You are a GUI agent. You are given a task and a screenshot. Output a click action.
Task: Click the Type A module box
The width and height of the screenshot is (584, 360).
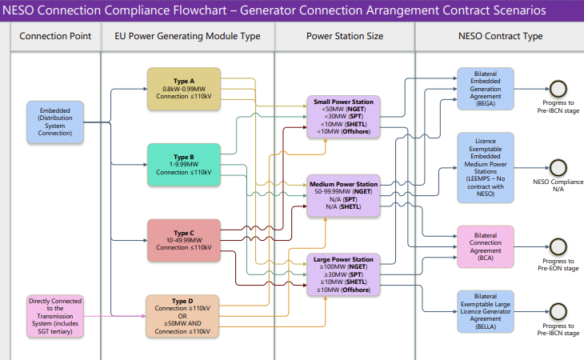tap(184, 89)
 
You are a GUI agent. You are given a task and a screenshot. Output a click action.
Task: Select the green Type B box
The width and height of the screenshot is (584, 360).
tap(184, 165)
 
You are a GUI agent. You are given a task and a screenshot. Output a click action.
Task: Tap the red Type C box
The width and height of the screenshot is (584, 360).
tap(184, 240)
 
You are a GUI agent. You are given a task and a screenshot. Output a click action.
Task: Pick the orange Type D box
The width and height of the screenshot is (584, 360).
tap(182, 316)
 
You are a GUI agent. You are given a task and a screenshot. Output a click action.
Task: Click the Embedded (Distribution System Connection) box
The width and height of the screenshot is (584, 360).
tap(55, 122)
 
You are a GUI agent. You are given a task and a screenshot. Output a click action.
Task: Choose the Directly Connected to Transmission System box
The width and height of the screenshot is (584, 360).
tap(55, 316)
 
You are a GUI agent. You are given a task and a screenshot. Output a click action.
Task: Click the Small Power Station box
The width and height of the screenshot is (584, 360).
tap(343, 117)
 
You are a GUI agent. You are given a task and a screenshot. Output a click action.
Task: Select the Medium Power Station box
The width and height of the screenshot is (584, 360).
tap(343, 195)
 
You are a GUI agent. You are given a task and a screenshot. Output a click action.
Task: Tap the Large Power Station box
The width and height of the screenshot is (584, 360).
tap(343, 274)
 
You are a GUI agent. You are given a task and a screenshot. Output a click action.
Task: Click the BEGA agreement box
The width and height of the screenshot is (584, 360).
tap(486, 89)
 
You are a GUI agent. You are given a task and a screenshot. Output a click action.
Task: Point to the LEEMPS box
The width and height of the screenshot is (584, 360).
tap(486, 167)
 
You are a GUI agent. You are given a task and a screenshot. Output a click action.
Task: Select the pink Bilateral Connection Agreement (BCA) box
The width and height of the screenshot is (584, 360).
tap(486, 246)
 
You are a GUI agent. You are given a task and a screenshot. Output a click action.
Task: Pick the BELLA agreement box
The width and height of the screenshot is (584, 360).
tap(486, 312)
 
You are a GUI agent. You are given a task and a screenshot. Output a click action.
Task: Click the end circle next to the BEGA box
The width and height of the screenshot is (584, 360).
tap(558, 89)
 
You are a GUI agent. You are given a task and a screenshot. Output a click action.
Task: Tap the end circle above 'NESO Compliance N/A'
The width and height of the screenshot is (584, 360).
tap(558, 168)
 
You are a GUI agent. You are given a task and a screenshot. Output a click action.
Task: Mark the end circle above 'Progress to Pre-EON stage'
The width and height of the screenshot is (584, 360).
tap(558, 247)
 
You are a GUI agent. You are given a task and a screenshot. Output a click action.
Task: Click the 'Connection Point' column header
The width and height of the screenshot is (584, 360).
tap(55, 36)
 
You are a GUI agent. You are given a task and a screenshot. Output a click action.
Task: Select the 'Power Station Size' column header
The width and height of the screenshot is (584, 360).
tap(345, 36)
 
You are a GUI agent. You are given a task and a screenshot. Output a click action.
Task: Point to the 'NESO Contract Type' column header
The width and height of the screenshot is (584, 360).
tap(500, 36)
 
